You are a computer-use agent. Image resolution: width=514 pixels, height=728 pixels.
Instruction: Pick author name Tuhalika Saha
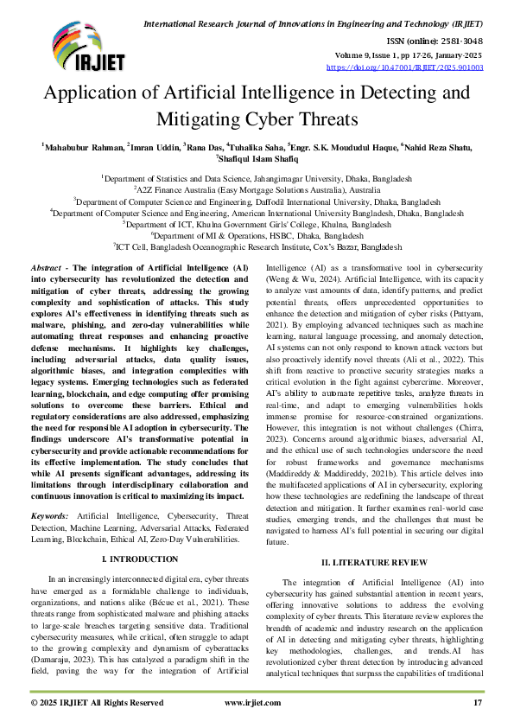(x=256, y=147)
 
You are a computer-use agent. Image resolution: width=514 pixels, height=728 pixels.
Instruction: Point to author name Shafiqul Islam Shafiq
(x=258, y=159)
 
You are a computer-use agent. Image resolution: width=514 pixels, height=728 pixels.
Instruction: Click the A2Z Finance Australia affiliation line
(x=257, y=188)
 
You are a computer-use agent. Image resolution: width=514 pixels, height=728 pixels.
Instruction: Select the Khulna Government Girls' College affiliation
(x=257, y=222)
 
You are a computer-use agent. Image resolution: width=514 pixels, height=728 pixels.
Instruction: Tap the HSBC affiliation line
(x=257, y=234)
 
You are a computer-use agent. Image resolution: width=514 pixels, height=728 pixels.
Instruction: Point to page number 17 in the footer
(x=478, y=703)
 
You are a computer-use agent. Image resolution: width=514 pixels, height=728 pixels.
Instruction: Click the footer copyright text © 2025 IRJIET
(x=97, y=703)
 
